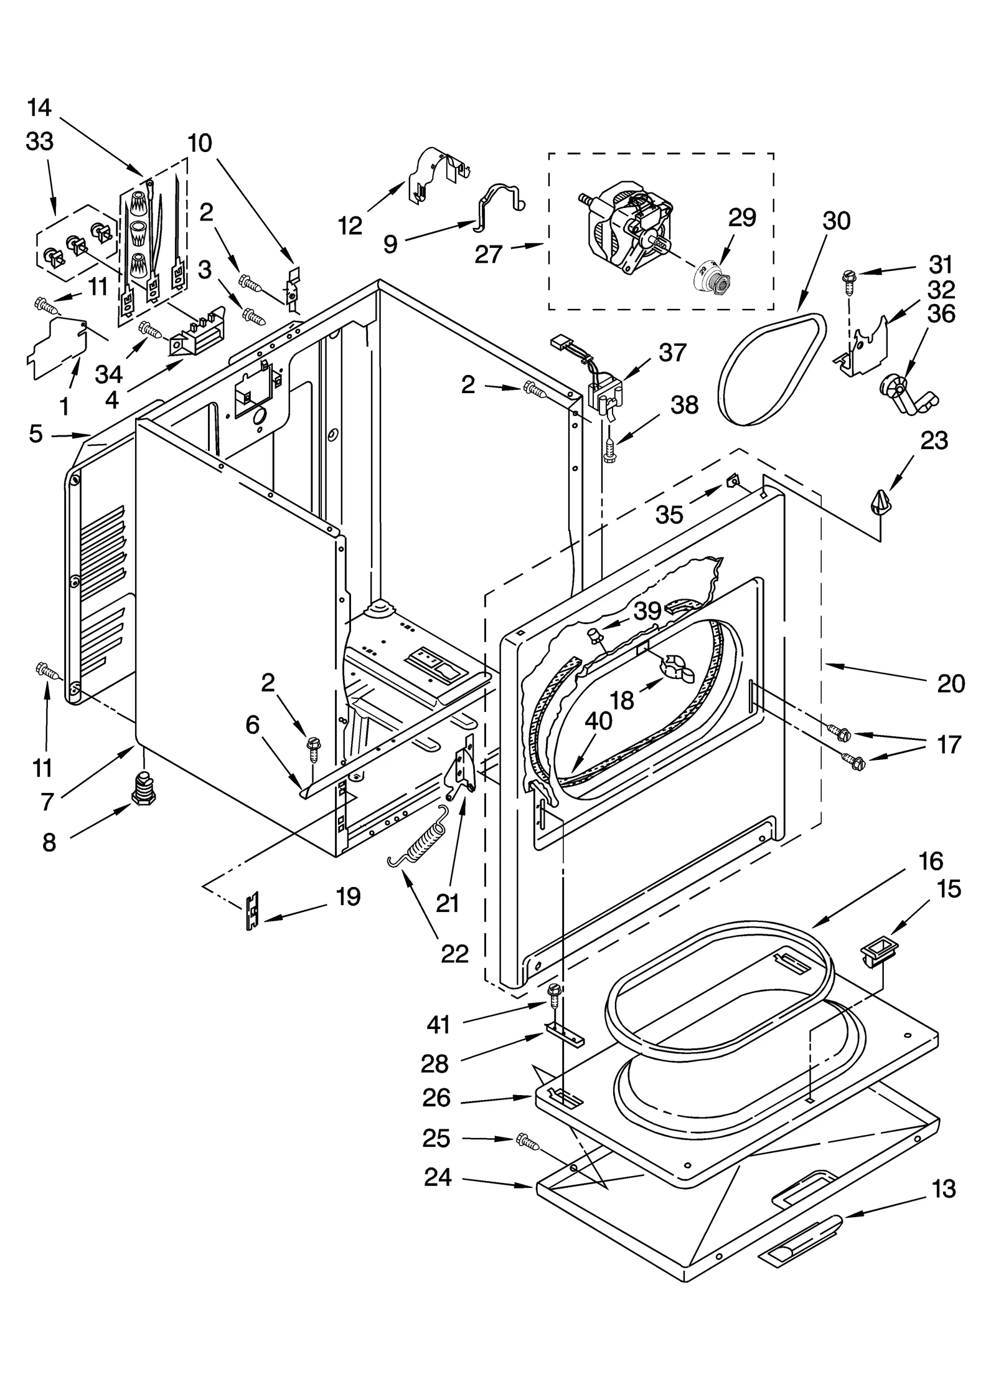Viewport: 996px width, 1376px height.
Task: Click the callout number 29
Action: click(x=742, y=217)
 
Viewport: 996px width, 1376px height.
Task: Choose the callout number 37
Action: click(x=673, y=353)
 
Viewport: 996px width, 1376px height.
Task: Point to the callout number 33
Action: click(x=39, y=141)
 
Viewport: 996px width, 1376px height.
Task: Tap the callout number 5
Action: click(x=35, y=434)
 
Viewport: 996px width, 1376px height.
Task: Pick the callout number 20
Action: click(x=951, y=683)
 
